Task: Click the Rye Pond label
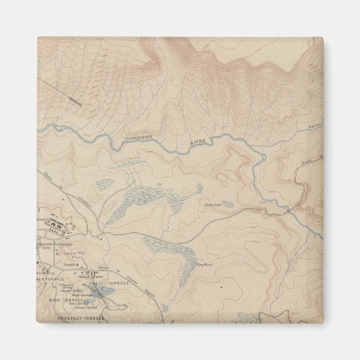click(203, 264)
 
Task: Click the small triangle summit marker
click(221, 287)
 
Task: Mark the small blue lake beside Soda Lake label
click(226, 204)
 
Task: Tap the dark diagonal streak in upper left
click(75, 100)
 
